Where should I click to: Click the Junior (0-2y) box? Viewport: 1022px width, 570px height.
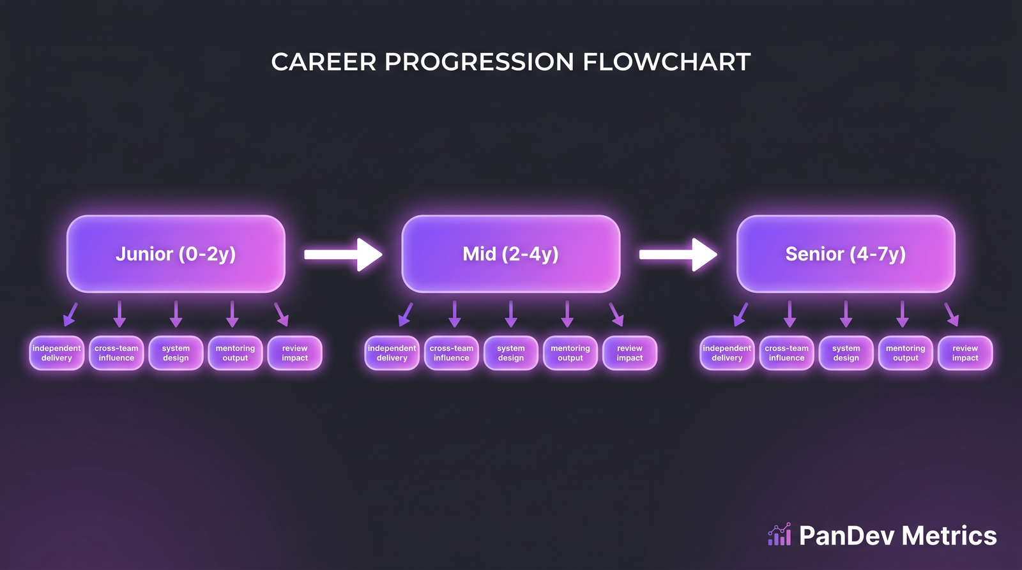(x=176, y=254)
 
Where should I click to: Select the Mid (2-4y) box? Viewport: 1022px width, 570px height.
(x=510, y=254)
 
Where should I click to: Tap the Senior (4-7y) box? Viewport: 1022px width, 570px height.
(x=846, y=254)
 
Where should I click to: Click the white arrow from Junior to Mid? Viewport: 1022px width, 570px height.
(x=343, y=255)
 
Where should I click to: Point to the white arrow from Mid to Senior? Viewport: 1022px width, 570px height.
(x=678, y=255)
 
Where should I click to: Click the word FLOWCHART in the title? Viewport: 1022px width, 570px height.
(x=666, y=62)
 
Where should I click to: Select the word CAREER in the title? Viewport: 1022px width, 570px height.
(x=324, y=62)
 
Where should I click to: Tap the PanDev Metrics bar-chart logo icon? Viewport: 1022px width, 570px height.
(x=779, y=535)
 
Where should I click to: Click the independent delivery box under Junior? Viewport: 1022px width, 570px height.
(x=57, y=353)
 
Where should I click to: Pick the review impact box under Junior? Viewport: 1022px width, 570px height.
(x=294, y=353)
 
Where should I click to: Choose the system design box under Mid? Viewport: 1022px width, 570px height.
(x=510, y=353)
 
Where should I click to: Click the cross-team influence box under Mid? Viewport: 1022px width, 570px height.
(x=451, y=353)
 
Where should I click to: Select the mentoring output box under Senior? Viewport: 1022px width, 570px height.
(x=905, y=353)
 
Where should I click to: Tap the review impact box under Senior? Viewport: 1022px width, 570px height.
(x=965, y=353)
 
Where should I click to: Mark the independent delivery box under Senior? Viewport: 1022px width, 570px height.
(x=727, y=353)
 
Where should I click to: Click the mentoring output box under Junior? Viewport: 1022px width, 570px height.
(x=235, y=353)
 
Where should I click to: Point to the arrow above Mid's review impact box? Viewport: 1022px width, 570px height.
(x=616, y=314)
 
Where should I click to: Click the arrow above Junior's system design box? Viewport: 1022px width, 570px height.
(x=176, y=314)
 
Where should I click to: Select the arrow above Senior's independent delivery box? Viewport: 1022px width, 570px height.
(x=740, y=314)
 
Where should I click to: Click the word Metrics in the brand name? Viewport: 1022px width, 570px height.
(x=950, y=536)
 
